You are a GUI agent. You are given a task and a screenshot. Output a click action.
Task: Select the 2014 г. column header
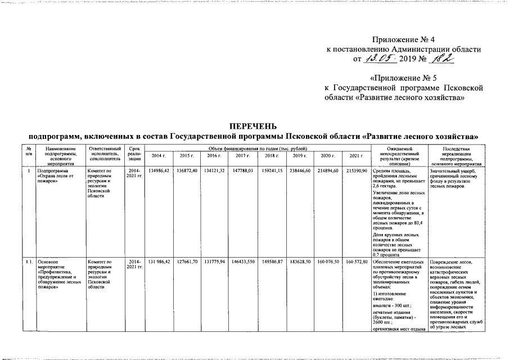pyautogui.click(x=158, y=156)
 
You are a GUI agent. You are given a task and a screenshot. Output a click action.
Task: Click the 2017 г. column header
pyautogui.click(x=242, y=156)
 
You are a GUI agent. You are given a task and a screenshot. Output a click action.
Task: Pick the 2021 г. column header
pyautogui.click(x=354, y=156)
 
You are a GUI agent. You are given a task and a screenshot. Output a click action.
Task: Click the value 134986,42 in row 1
pyautogui.click(x=158, y=170)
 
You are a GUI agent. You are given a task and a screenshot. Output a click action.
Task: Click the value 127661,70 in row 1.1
pyautogui.click(x=186, y=262)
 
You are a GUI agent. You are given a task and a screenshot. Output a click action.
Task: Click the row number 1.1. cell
pyautogui.click(x=29, y=262)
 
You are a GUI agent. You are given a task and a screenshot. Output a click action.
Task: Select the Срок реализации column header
pyautogui.click(x=135, y=152)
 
